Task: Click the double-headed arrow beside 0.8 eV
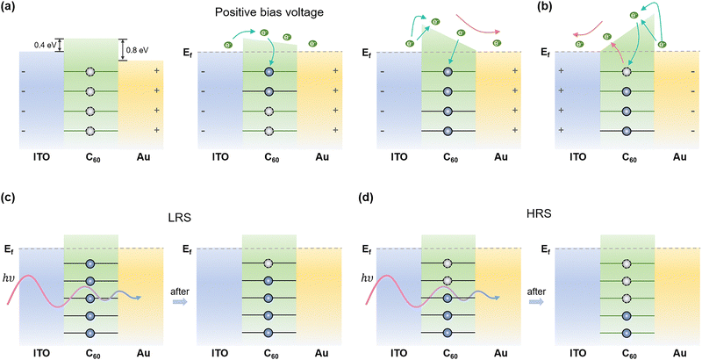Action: (123, 51)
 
